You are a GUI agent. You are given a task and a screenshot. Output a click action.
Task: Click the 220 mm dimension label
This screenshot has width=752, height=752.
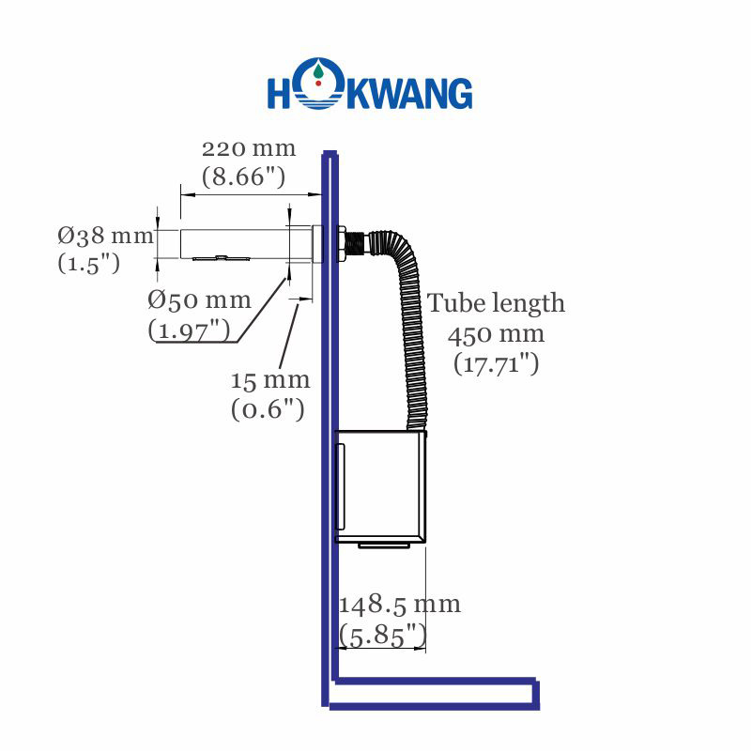(249, 148)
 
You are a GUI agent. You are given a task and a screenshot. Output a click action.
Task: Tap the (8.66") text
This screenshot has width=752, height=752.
(244, 176)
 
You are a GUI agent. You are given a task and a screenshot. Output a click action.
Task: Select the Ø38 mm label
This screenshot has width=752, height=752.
(104, 236)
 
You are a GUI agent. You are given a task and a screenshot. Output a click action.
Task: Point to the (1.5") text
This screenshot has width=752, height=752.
(88, 263)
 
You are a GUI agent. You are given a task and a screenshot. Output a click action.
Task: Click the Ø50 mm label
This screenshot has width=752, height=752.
(200, 300)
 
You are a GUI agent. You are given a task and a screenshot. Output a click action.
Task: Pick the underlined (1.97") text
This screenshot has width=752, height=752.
(189, 330)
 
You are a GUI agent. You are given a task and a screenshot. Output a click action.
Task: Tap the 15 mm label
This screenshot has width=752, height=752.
(269, 380)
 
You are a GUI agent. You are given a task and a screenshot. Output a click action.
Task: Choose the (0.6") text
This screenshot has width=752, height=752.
(268, 408)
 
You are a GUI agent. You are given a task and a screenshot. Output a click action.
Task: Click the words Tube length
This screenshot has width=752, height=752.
(497, 303)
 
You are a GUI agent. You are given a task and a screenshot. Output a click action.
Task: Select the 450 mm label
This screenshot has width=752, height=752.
(496, 334)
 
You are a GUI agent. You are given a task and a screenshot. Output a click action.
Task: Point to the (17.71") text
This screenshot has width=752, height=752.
(496, 363)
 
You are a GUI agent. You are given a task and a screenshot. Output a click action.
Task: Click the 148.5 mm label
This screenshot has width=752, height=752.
(400, 604)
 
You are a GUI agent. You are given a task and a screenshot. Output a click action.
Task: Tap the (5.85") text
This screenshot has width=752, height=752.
(381, 636)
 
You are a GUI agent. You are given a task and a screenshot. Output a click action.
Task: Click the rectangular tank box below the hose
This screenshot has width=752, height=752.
(381, 485)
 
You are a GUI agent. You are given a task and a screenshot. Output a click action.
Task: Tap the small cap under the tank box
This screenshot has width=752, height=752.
(387, 545)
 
